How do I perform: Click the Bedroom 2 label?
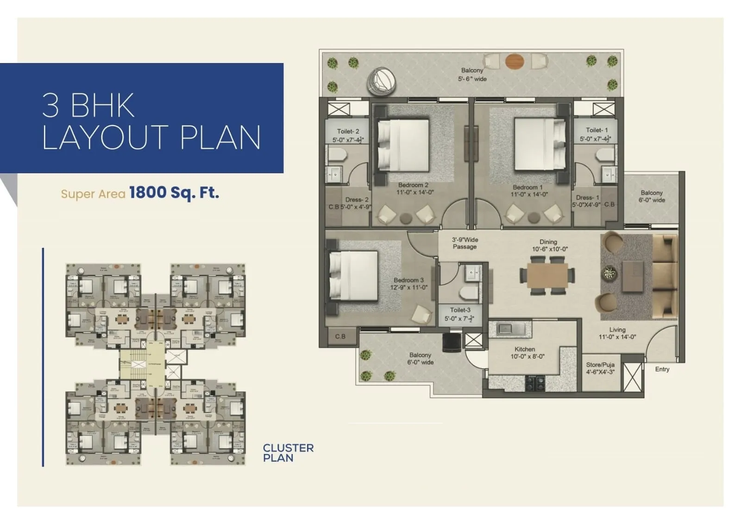coord(413,185)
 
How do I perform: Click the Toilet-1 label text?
coord(596,130)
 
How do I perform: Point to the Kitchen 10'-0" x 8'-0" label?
coord(525,353)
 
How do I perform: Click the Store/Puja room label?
coord(600,368)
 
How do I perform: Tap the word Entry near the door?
coord(662,369)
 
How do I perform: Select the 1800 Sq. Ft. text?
coord(174,192)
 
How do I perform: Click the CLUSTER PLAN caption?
coord(288,453)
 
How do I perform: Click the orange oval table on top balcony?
coord(515,61)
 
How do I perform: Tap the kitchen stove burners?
coord(535,383)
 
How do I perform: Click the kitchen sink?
coord(511,329)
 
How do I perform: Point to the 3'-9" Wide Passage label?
coord(465,243)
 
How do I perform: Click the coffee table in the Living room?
coord(632,277)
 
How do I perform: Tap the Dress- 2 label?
coord(357,200)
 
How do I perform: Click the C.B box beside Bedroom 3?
coord(340,336)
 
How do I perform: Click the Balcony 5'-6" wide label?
coord(472,75)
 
